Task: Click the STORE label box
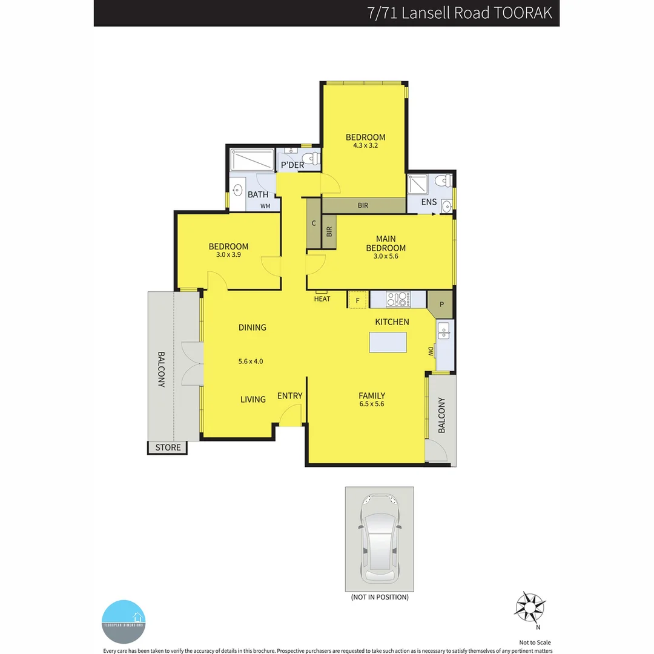(x=168, y=448)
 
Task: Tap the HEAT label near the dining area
(x=322, y=299)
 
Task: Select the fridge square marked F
(x=357, y=300)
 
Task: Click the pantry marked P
(x=441, y=304)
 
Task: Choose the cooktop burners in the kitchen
(x=398, y=299)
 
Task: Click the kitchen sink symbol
(x=443, y=331)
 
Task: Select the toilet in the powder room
(x=311, y=159)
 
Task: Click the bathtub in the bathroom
(x=252, y=160)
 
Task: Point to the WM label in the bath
(x=265, y=206)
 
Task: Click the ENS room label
(x=429, y=202)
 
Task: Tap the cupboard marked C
(x=314, y=223)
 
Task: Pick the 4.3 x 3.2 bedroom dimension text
(x=365, y=145)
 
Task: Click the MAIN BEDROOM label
(x=386, y=243)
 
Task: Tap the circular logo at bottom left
(x=124, y=621)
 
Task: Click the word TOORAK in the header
(x=523, y=13)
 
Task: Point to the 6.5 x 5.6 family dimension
(x=371, y=404)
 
